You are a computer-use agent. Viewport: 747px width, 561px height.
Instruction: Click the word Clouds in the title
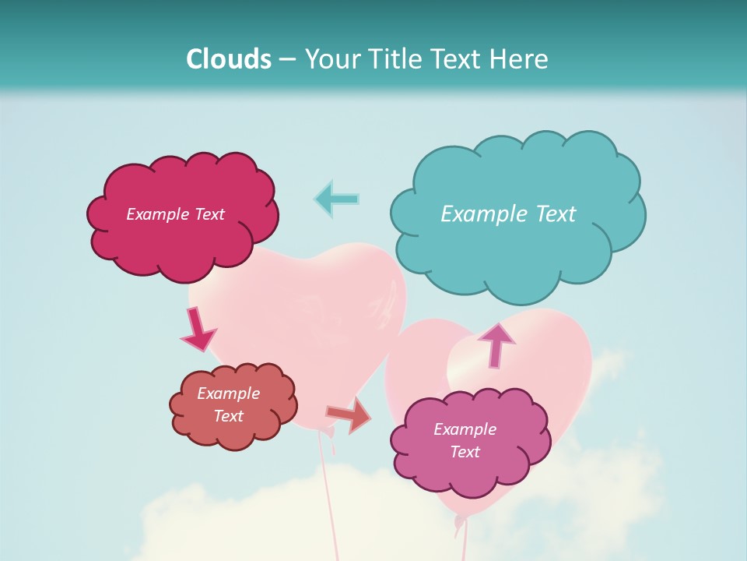(x=228, y=59)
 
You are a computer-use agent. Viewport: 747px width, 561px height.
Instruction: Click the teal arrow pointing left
(x=337, y=199)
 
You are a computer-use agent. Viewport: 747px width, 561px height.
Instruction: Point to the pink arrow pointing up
(x=496, y=345)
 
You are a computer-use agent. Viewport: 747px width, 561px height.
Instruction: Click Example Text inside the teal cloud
(x=508, y=214)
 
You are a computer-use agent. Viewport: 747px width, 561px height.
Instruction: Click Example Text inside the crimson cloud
(x=175, y=214)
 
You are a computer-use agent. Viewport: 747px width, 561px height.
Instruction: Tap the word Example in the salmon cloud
(x=228, y=393)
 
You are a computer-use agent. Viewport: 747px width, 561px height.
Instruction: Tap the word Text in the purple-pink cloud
(x=465, y=452)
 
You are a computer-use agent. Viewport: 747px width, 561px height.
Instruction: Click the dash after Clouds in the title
(x=286, y=60)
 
